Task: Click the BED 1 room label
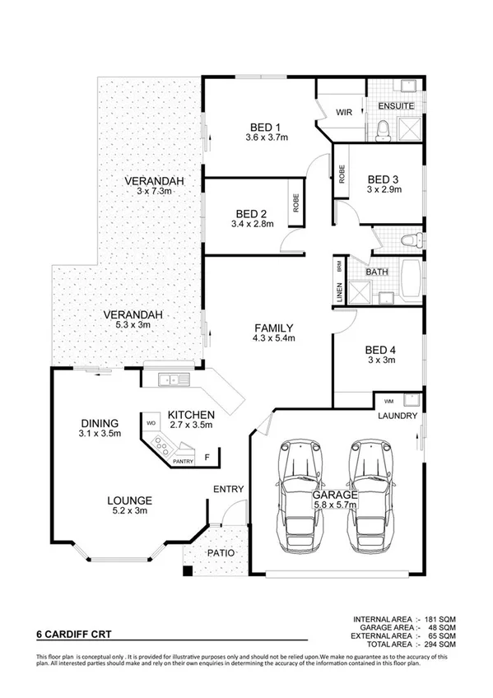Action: pos(262,127)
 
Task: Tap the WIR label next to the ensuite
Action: pos(343,113)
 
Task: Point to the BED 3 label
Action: pos(383,179)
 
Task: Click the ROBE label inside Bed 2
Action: pos(295,202)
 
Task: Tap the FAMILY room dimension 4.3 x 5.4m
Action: pos(273,337)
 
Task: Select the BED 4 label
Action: pos(380,349)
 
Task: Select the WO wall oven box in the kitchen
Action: pos(151,423)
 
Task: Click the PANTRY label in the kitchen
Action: pos(183,462)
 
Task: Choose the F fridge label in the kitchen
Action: pos(207,455)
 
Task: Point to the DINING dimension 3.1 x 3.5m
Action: pos(100,433)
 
